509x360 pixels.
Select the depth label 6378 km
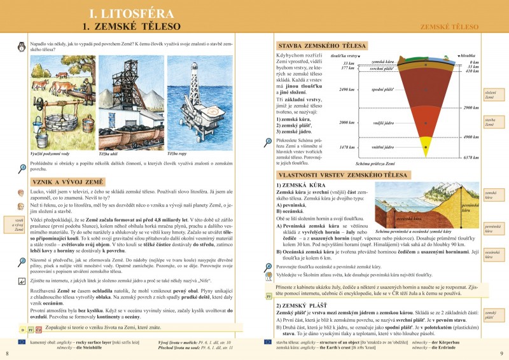pyautogui.click(x=470, y=157)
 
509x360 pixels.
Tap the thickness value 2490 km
pyautogui.click(x=347, y=90)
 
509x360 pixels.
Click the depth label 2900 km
pyautogui.click(x=471, y=107)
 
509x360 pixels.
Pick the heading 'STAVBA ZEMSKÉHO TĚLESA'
pyautogui.click(x=321, y=46)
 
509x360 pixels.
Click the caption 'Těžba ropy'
pyautogui.click(x=177, y=153)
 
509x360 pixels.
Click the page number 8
pyautogui.click(x=7, y=352)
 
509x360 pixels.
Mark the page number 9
pyautogui.click(x=501, y=352)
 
